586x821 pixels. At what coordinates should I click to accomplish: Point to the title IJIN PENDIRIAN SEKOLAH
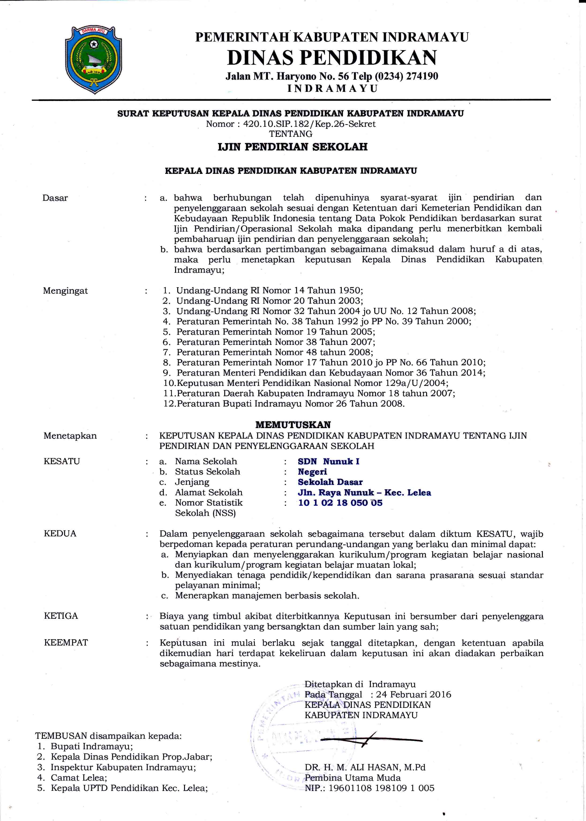tap(293, 147)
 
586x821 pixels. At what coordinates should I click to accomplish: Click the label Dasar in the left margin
tap(55, 198)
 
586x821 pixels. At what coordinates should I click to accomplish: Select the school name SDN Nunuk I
tap(328, 461)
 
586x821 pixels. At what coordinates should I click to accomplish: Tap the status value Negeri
tap(312, 472)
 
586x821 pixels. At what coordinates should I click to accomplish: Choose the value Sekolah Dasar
tap(330, 482)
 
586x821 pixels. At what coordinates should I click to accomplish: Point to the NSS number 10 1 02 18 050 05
tap(340, 503)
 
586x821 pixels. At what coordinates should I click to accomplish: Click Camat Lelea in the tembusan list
tap(79, 778)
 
